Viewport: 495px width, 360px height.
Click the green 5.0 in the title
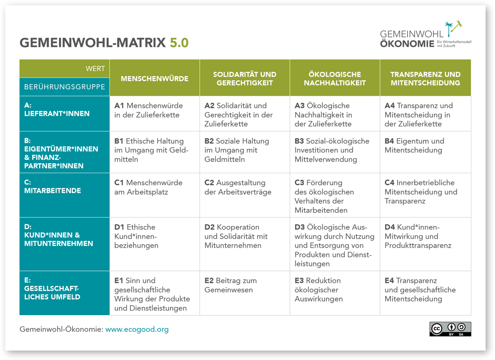[179, 42]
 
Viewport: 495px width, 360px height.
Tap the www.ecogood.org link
[137, 329]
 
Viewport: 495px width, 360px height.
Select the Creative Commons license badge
[450, 329]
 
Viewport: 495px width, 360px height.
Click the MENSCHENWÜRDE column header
[154, 79]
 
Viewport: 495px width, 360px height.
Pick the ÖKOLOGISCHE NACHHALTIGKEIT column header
[335, 78]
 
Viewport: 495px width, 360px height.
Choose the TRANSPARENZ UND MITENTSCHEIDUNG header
[425, 78]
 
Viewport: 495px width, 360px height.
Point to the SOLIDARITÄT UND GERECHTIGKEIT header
[245, 78]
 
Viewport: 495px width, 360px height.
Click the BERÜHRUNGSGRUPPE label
[64, 87]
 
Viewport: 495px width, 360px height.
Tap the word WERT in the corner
[95, 69]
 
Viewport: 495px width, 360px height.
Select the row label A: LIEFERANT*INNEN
[57, 109]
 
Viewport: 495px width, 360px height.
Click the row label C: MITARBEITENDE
[53, 186]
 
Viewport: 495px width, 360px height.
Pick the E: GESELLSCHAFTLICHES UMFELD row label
[52, 288]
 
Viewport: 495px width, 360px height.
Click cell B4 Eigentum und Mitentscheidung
[414, 146]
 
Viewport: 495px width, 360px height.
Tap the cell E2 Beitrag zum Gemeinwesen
[231, 285]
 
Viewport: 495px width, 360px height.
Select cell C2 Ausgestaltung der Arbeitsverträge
[238, 187]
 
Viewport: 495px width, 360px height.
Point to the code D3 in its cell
[299, 227]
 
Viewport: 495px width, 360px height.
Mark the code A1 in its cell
[119, 106]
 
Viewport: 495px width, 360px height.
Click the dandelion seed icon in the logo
[453, 28]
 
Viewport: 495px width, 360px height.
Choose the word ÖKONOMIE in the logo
[407, 44]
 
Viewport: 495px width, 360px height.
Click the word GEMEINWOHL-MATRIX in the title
[92, 42]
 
